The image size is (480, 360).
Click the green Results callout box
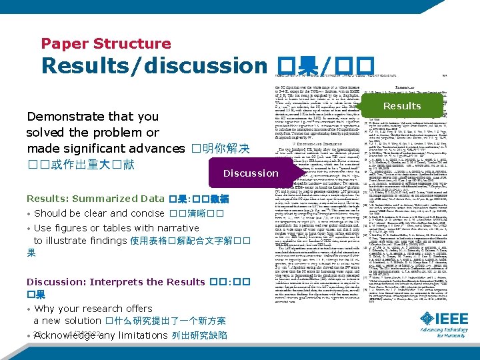point(401,106)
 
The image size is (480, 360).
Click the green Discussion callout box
point(251,173)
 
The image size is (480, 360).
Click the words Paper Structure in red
point(106,44)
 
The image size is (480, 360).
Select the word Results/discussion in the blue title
point(153,66)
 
